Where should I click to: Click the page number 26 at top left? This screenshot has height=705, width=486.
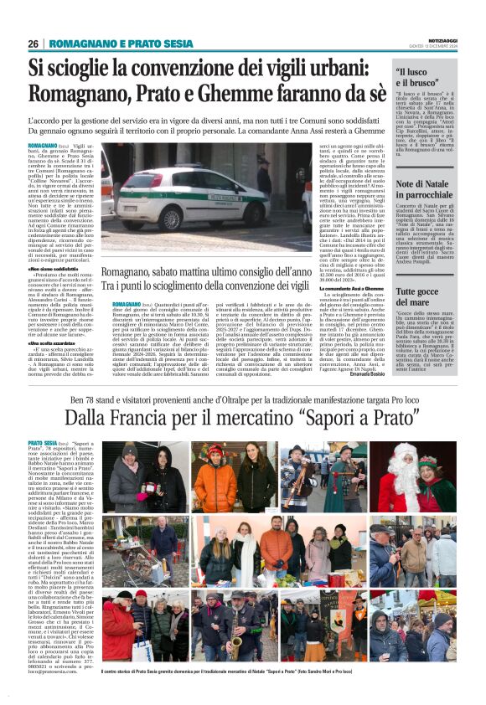tap(34, 44)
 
